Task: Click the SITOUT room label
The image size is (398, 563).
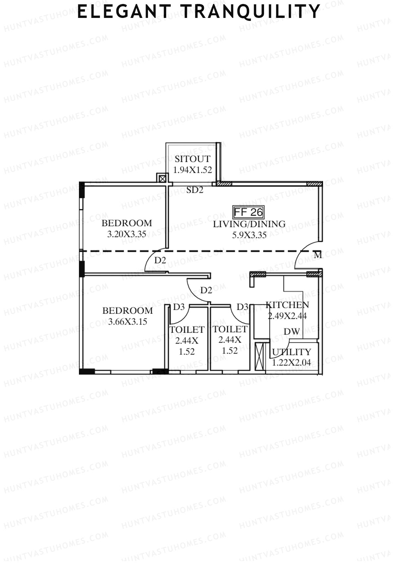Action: click(192, 159)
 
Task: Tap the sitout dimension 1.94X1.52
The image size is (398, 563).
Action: click(192, 170)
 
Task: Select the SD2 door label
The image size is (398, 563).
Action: click(195, 190)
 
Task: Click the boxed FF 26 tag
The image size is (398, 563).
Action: click(248, 212)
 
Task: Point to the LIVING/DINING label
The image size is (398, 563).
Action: click(249, 224)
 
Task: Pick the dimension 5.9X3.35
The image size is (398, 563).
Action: click(249, 235)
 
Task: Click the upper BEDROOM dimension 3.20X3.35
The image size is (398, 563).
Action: click(127, 234)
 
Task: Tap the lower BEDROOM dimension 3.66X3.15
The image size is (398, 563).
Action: click(128, 321)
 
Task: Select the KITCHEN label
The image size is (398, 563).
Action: click(287, 305)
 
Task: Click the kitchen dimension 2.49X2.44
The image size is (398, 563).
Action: click(287, 316)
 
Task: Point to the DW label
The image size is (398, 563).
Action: click(292, 331)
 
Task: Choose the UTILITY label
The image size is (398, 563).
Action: click(292, 352)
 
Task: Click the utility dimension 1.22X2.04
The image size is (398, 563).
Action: click(292, 363)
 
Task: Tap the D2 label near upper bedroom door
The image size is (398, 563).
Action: click(160, 260)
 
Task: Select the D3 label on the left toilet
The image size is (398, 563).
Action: click(179, 307)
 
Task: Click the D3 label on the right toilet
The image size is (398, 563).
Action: click(242, 307)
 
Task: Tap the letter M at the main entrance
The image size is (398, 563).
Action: click(318, 255)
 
